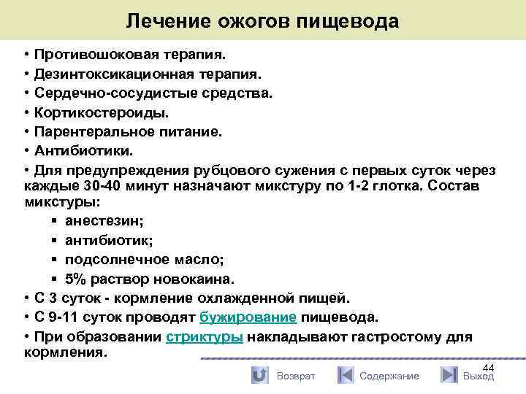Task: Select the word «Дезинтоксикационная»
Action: [106, 74]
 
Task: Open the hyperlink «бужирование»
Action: [248, 318]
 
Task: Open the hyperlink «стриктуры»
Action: [205, 337]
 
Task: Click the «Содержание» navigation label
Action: [389, 376]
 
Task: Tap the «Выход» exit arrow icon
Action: [449, 375]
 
